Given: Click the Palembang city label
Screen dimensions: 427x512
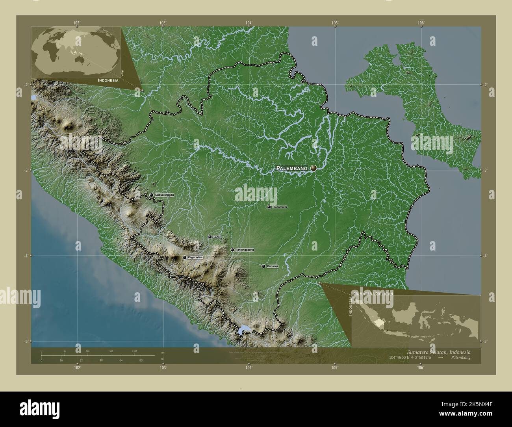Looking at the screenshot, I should click(291, 168).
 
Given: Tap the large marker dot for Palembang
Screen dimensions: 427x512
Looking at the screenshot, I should click(314, 168).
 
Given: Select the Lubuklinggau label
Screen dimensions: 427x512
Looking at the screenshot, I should click(165, 195).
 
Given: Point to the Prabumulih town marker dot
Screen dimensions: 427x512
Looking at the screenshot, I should click(269, 207).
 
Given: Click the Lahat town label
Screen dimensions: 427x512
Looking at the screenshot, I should click(217, 237).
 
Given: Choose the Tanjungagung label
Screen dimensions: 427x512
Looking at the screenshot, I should click(245, 250).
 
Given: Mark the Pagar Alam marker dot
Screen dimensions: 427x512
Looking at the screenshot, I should click(184, 257).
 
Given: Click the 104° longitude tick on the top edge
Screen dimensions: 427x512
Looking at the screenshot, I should click(249, 27).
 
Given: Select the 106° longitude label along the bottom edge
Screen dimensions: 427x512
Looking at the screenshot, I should click(420, 368).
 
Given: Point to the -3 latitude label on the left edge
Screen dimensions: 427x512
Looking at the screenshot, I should click(26, 170).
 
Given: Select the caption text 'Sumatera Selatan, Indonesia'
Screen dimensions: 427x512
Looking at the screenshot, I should click(438, 351).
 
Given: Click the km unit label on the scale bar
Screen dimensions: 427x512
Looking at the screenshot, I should click(162, 352).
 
